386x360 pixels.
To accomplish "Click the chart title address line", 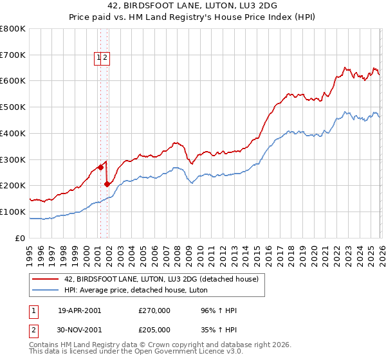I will click(193, 6).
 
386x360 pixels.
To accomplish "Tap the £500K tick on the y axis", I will click(13, 107).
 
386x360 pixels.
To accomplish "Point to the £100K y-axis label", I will click(13, 212).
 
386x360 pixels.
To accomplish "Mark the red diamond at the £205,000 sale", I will click(107, 184).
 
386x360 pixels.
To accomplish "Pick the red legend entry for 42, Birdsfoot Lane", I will click(161, 279).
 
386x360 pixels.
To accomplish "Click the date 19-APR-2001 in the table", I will click(79, 310).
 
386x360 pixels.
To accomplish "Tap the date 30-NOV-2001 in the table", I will click(79, 329).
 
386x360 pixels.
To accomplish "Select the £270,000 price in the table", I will click(154, 310).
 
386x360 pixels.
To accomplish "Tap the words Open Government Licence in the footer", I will click(181, 352).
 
